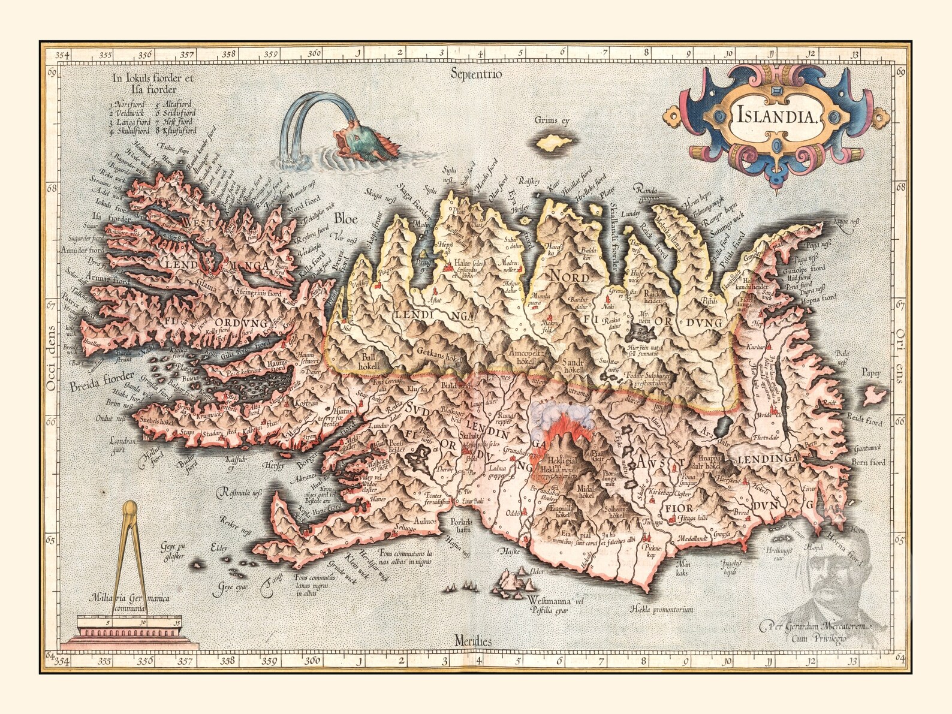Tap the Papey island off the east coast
(x=875, y=393)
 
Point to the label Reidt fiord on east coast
(x=863, y=419)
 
